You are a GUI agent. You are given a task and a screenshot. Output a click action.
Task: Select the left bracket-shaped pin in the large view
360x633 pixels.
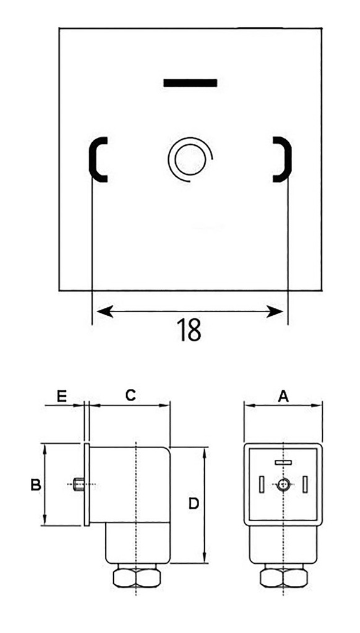[x=98, y=159]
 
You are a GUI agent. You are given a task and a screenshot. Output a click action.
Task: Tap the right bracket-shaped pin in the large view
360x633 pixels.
[x=281, y=159]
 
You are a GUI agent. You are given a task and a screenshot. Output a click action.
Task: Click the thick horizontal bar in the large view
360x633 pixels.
[x=190, y=82]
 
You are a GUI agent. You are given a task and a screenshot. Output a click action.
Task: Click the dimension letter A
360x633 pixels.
[x=283, y=396]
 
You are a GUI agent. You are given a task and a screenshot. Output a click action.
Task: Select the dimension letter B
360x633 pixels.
[x=36, y=485]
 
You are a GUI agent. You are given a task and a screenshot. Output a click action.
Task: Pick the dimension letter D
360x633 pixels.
[x=193, y=504]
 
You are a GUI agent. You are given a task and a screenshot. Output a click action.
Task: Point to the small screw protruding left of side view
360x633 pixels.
[x=77, y=485]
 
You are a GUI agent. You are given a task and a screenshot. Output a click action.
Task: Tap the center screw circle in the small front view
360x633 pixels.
[x=283, y=485]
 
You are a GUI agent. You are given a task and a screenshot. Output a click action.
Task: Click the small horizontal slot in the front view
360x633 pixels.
[x=283, y=462]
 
